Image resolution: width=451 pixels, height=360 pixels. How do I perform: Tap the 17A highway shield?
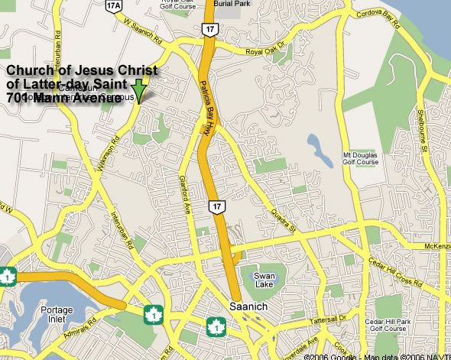click(114, 6)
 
